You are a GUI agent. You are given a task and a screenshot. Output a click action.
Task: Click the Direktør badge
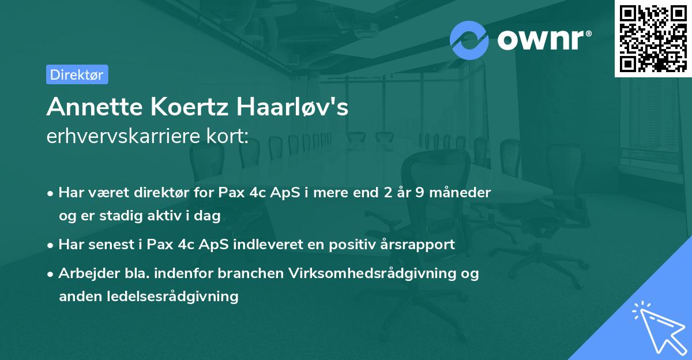(77, 74)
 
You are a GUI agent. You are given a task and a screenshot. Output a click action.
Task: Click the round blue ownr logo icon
(469, 40)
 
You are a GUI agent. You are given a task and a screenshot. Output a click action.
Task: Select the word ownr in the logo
(543, 40)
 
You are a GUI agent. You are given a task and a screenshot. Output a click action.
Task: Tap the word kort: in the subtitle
(229, 136)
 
